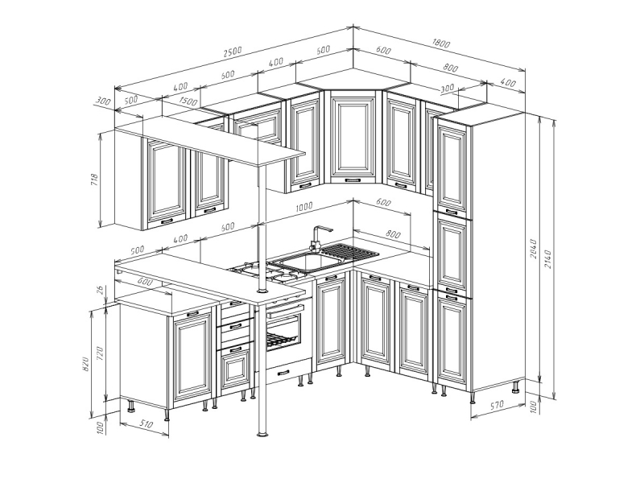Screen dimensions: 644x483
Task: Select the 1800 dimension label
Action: pos(441,43)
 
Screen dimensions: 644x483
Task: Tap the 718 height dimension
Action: pos(95,180)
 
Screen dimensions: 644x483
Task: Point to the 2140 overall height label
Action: pos(547,258)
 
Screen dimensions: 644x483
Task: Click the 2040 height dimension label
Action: pos(534,249)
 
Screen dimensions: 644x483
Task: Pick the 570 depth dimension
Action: pos(497,405)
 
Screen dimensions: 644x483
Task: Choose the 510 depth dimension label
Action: pos(146,423)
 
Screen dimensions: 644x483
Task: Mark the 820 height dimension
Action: pos(86,363)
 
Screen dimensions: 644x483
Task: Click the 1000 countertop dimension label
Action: pos(304,207)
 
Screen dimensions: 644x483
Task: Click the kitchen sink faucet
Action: pos(319,237)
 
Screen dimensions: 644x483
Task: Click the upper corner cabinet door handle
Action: pos(353,180)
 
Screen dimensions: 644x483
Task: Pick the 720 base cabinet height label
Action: pos(100,354)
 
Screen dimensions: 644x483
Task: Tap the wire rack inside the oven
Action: pos(280,339)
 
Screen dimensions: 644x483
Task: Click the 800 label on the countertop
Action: pos(393,234)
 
